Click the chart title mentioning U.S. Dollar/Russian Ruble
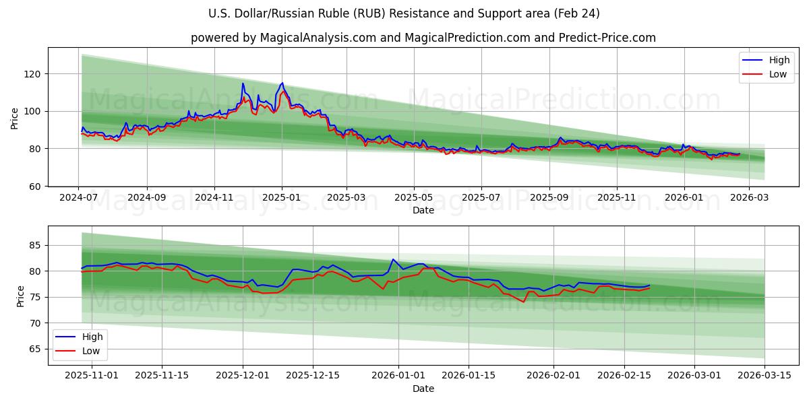pyautogui.click(x=404, y=13)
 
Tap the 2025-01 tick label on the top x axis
pyautogui.click(x=281, y=198)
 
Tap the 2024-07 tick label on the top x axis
pyautogui.click(x=78, y=198)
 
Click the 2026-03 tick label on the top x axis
pyautogui.click(x=750, y=198)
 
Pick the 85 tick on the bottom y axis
pyautogui.click(x=36, y=245)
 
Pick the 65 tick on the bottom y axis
pyautogui.click(x=36, y=349)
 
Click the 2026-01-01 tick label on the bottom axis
pyautogui.click(x=398, y=376)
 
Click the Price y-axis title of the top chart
pyautogui.click(x=15, y=119)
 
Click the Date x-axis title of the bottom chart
pyautogui.click(x=423, y=389)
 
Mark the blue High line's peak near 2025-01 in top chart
pyautogui.click(x=282, y=83)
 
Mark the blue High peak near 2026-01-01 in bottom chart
pyautogui.click(x=393, y=259)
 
